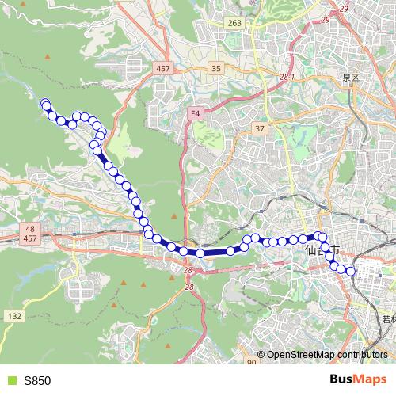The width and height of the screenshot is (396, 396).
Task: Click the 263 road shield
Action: click(x=234, y=24)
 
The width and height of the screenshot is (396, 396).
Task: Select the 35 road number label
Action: click(x=216, y=70)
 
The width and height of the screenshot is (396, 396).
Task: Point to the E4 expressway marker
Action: click(x=195, y=114)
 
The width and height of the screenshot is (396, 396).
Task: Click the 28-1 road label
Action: click(x=287, y=77)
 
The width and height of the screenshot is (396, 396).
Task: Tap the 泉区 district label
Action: click(x=351, y=78)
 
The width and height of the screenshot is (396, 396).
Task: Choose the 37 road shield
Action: click(x=259, y=128)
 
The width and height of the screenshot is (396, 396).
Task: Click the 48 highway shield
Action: click(x=31, y=227)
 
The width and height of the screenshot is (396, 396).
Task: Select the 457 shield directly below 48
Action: click(x=31, y=238)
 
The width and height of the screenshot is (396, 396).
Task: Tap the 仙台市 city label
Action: click(x=321, y=249)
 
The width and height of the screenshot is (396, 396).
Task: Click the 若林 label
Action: click(x=387, y=320)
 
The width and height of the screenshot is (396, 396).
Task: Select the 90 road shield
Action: click(x=251, y=362)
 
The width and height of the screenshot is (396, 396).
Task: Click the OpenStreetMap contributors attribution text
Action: click(x=326, y=355)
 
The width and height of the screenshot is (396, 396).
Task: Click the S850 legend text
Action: click(x=36, y=380)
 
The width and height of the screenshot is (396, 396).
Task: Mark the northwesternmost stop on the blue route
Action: click(x=45, y=103)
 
